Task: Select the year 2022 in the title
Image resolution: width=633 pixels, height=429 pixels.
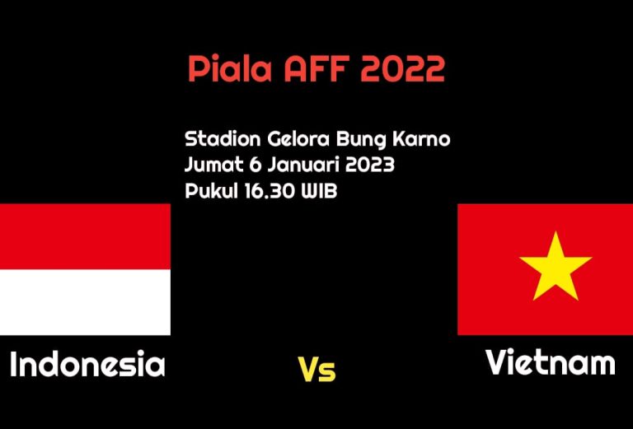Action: [402, 69]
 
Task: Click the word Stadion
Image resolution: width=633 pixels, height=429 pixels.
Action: [223, 139]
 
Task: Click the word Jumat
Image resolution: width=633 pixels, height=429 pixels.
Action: [214, 165]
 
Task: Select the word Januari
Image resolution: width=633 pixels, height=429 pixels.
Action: [302, 165]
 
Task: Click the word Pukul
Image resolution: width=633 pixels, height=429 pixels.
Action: [212, 191]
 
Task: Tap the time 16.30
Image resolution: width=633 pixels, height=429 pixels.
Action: [270, 191]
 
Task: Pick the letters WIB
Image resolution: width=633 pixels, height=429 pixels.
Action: [319, 191]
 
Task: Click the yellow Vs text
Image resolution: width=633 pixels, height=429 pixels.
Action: [316, 370]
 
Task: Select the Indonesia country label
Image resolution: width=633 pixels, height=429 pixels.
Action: [87, 364]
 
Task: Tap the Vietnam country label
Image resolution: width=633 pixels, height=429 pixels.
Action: [551, 362]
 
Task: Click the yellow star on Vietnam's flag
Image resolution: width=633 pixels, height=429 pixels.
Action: [556, 269]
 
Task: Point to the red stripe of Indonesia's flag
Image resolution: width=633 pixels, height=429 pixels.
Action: [85, 236]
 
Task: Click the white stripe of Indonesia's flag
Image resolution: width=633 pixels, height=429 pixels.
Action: [85, 302]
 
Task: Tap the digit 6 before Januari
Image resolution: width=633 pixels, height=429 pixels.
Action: [256, 165]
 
